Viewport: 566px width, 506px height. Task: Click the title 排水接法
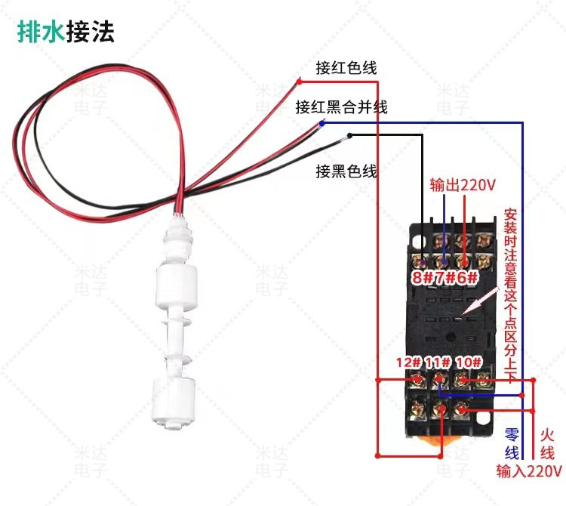[x=66, y=32]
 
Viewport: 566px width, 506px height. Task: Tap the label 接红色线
[x=346, y=68]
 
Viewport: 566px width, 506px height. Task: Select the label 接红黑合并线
[x=342, y=106]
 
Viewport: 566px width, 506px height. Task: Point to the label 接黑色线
[x=346, y=171]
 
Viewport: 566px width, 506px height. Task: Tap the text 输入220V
[x=528, y=472]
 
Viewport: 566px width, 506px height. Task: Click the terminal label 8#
[x=421, y=277]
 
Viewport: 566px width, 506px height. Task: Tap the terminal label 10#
[x=469, y=363]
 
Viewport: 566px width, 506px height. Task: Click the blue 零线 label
[x=512, y=444]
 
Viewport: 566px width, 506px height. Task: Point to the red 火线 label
[x=549, y=444]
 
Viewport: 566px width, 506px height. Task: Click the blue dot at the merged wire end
[x=323, y=122]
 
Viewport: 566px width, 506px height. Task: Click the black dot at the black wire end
[x=349, y=136]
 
